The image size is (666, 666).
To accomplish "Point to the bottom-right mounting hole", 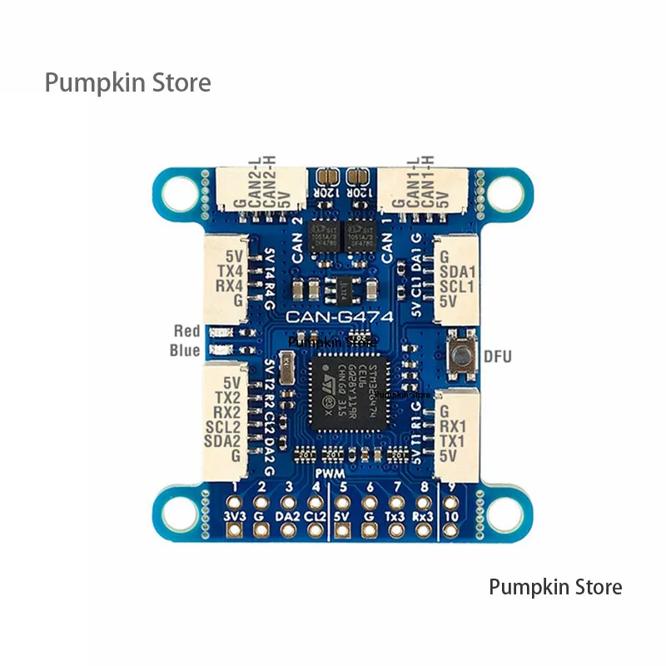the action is coord(502,511).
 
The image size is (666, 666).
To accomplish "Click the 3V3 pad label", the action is coord(236,516).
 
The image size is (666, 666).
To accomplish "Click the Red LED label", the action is coord(186,331).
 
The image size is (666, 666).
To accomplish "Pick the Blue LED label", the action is coord(185,350).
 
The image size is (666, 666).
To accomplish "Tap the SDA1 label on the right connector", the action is coord(456,271).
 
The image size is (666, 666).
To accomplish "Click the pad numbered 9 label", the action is coord(451,487).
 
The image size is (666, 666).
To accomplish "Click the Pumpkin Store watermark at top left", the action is coord(127,83).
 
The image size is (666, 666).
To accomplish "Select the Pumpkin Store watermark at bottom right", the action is coord(555,587).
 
